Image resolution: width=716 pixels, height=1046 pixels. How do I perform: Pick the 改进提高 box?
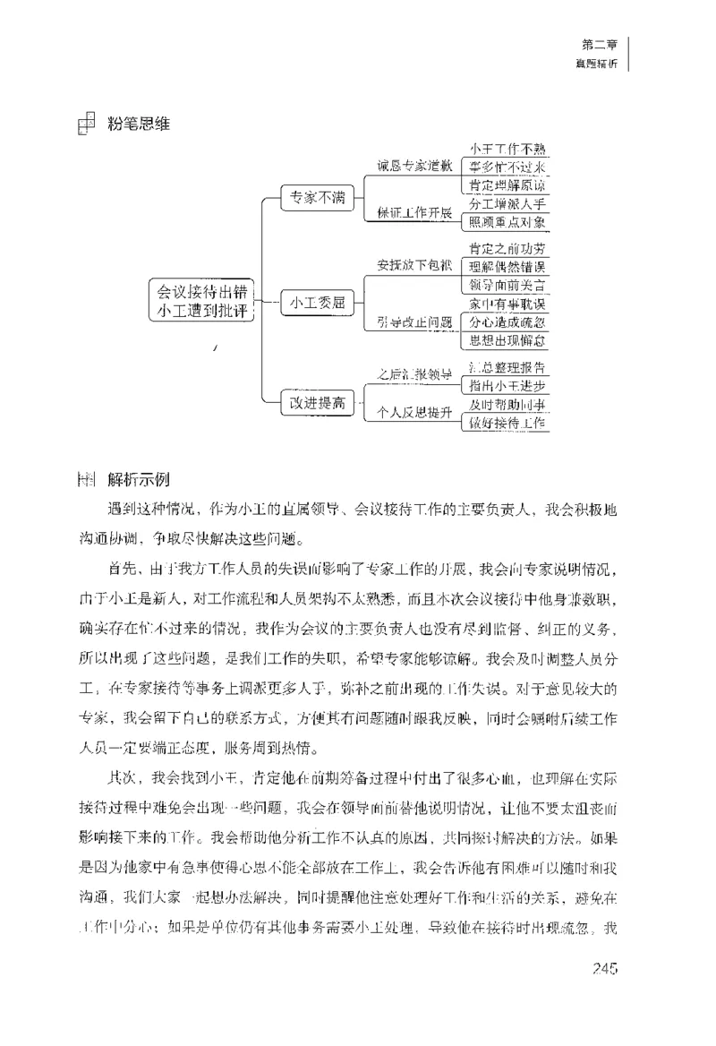pos(317,402)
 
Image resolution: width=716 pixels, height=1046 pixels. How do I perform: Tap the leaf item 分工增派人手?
pos(507,203)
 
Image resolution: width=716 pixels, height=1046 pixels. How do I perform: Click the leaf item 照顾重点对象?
pos(507,222)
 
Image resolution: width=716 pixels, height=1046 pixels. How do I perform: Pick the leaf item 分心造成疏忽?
pos(507,322)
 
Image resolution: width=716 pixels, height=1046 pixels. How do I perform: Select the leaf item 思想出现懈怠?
pos(507,341)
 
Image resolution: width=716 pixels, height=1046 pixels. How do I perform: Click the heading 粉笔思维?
pos(138,124)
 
